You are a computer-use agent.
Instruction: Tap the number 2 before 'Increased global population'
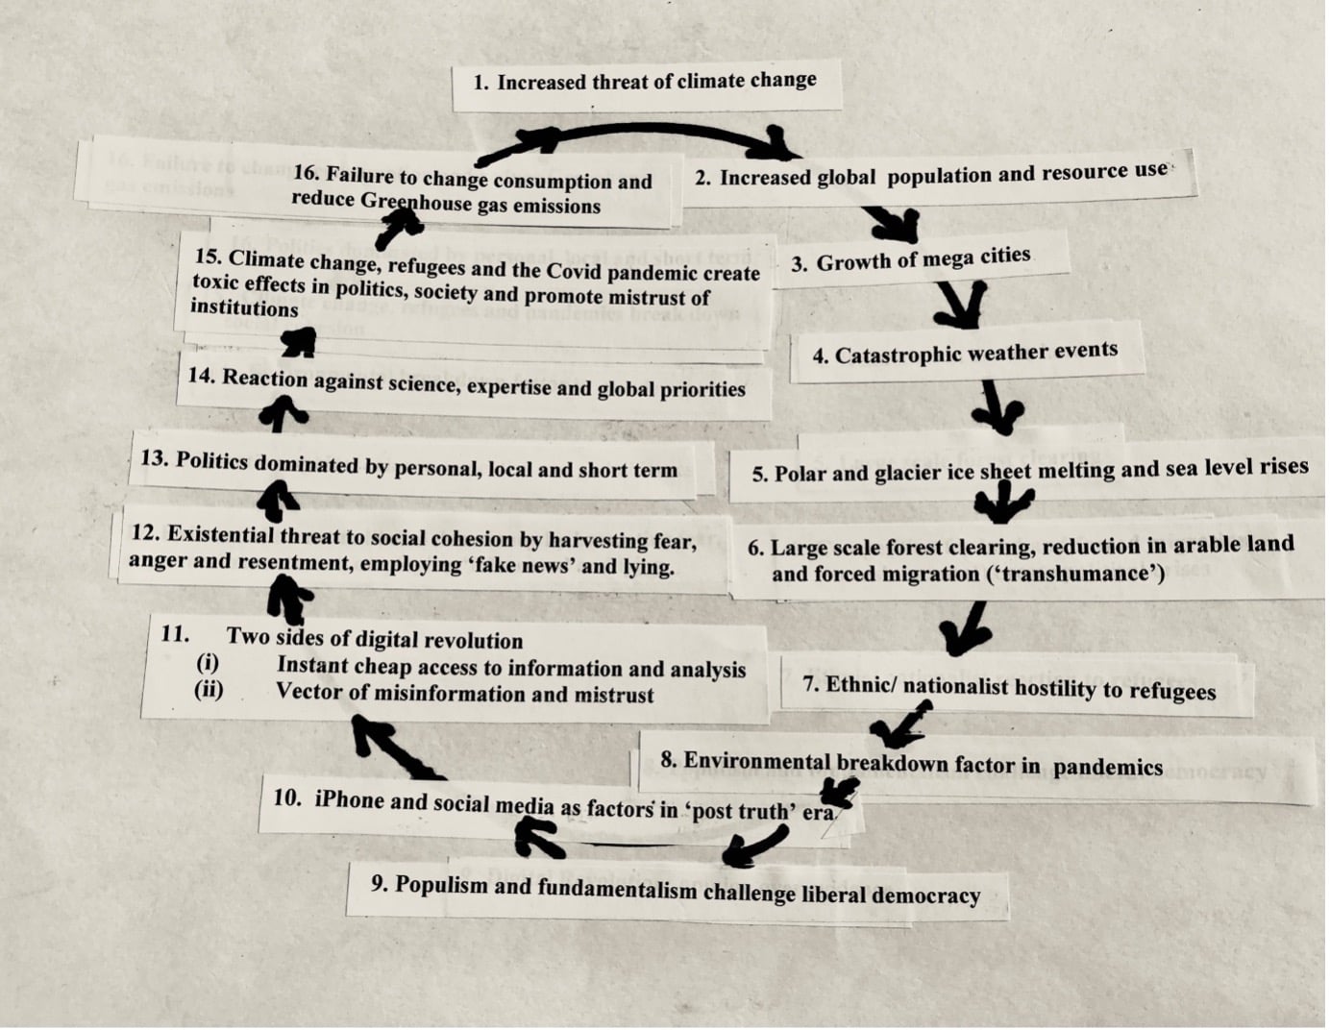[x=703, y=178]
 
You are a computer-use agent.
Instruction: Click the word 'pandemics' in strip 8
[x=1108, y=767]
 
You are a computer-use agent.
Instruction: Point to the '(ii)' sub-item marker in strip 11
[x=209, y=690]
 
